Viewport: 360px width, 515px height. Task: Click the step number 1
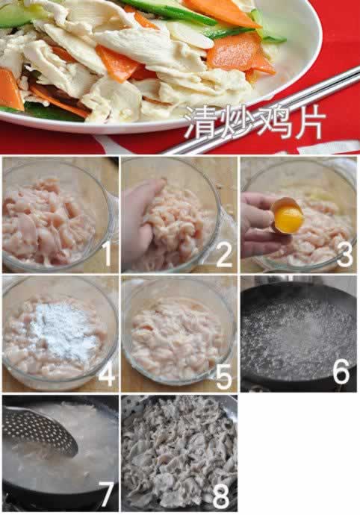[107, 255]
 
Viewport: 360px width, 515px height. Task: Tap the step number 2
[223, 255]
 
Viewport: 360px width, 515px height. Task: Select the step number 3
[344, 254]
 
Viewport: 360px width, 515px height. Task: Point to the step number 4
[106, 374]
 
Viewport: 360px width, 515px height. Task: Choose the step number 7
[106, 493]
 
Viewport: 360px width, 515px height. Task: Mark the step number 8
[223, 493]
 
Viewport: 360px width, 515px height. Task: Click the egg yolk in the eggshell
[288, 219]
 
